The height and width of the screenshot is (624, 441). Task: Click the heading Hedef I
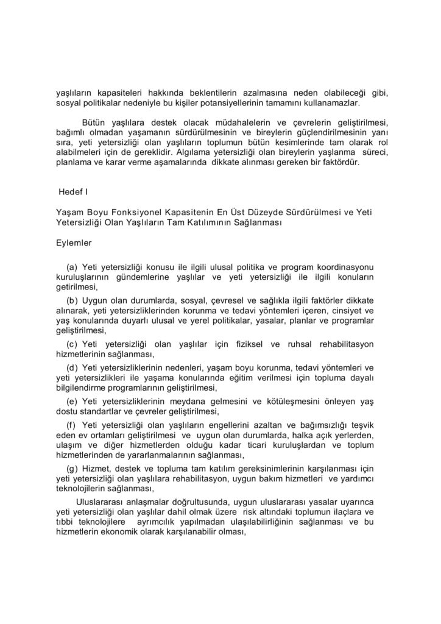pos(73,192)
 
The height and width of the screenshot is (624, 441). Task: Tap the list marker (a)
pos(72,268)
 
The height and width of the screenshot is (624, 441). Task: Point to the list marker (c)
pos(72,345)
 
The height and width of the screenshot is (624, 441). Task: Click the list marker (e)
pos(72,402)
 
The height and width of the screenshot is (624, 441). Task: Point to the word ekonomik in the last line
pos(136,531)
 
